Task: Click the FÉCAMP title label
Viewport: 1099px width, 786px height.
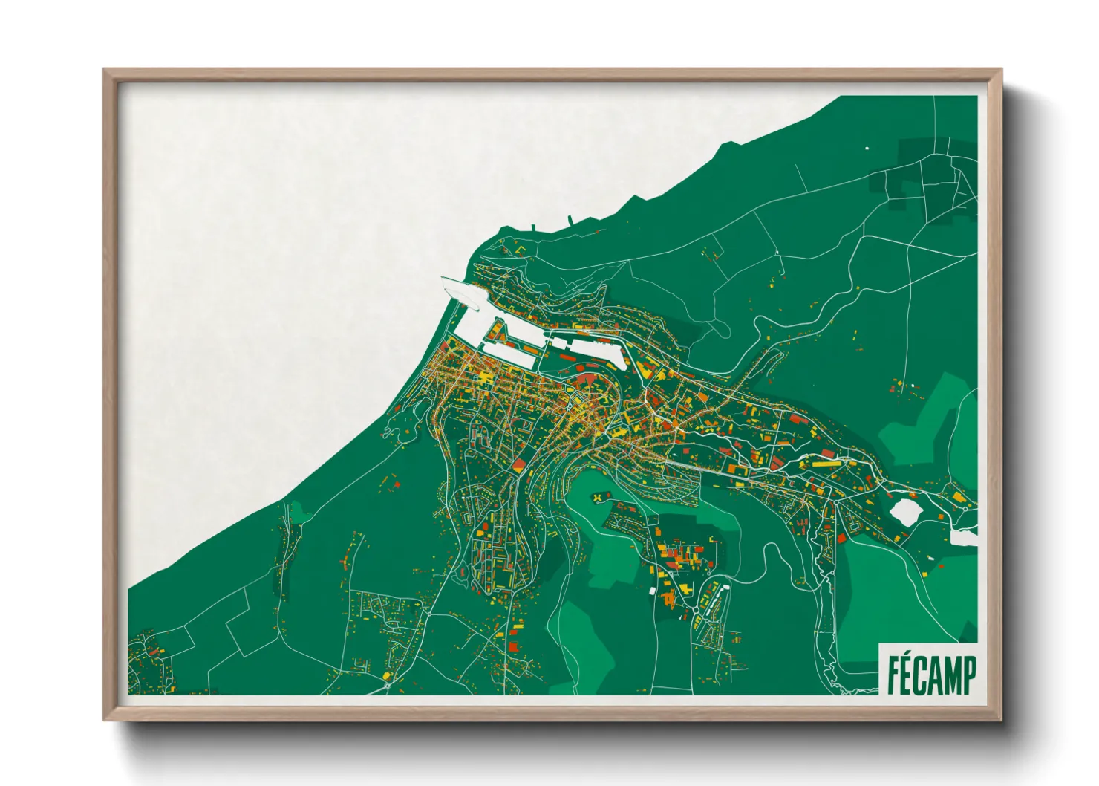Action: [x=931, y=674]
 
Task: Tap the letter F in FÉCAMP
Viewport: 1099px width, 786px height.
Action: [x=893, y=675]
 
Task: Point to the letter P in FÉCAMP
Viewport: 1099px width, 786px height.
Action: [x=968, y=675]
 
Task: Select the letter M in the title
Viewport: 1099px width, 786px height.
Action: [x=950, y=675]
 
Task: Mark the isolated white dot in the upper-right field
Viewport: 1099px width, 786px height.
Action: [x=867, y=148]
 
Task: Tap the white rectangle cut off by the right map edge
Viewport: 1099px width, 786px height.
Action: [x=963, y=537]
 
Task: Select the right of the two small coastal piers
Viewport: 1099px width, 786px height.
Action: [x=570, y=220]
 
